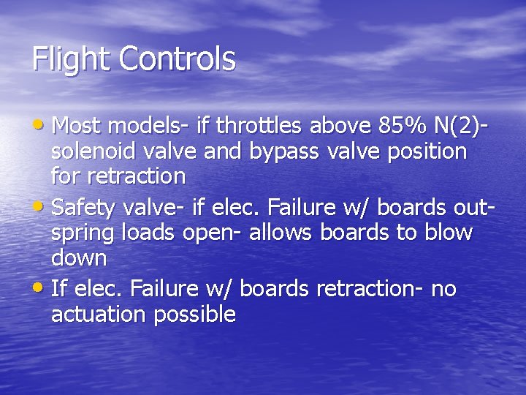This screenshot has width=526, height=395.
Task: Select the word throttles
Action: [261, 127]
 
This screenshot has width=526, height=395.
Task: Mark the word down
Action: [79, 258]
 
